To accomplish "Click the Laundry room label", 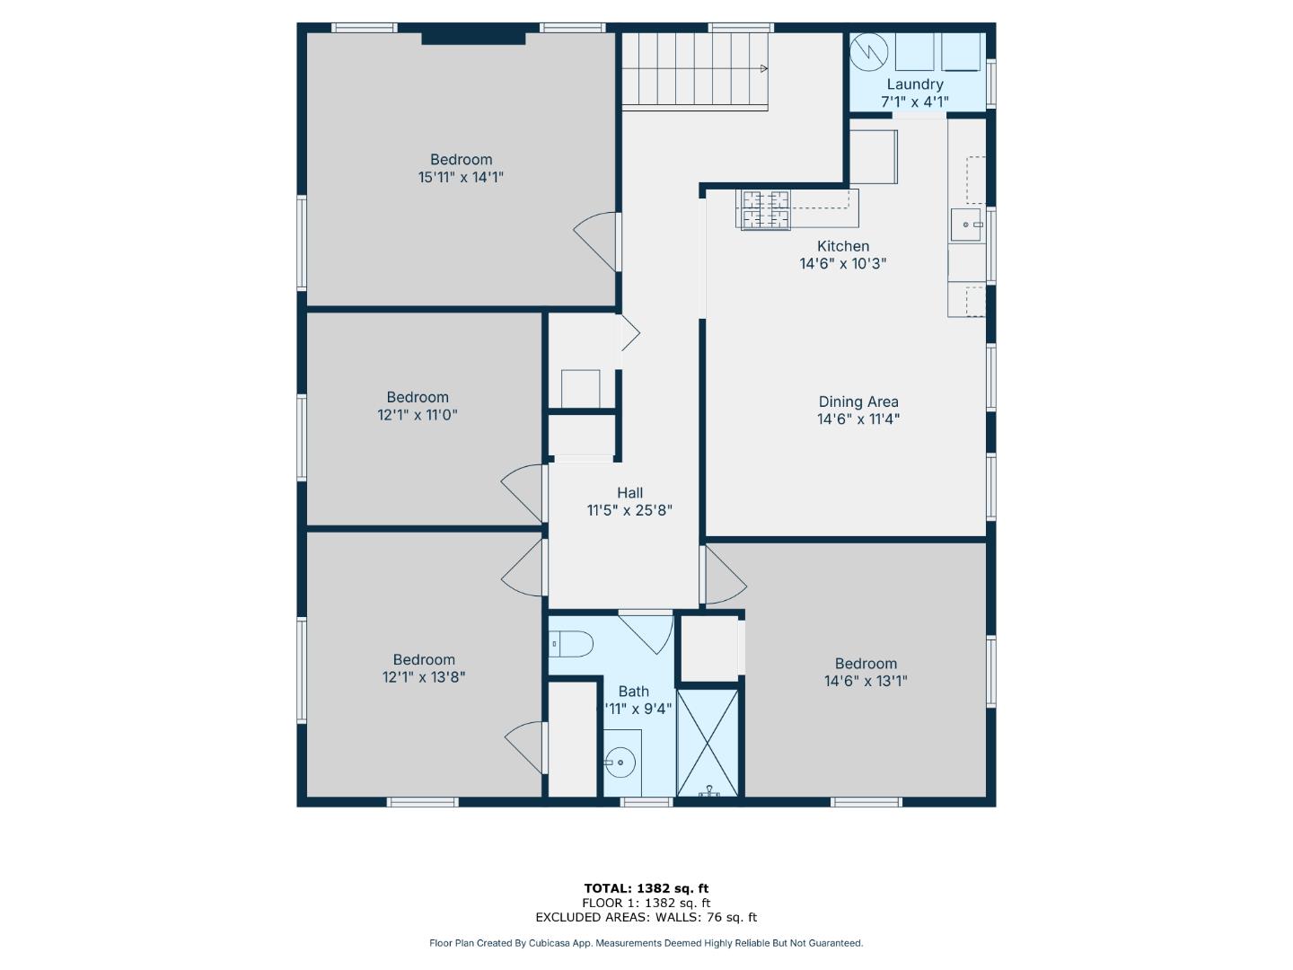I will [914, 84].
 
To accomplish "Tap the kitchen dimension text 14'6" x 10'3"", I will [842, 263].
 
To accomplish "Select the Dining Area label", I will [858, 401].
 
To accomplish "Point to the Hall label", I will [629, 492].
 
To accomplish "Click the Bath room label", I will [633, 691].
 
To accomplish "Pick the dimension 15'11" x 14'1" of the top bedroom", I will [460, 177].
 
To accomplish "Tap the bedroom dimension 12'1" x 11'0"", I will [418, 415].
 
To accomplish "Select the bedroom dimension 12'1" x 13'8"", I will [423, 677].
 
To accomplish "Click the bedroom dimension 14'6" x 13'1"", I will [866, 681].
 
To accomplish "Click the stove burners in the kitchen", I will [765, 210].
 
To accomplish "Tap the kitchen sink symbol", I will [966, 225].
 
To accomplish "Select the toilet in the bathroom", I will [572, 643].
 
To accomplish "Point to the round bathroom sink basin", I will [620, 763].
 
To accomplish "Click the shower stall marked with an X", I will [708, 742].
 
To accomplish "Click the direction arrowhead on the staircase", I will [763, 68].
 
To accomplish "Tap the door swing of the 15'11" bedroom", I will [597, 241].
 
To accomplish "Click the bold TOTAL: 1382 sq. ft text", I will [646, 888].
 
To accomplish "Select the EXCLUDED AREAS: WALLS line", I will [646, 917].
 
